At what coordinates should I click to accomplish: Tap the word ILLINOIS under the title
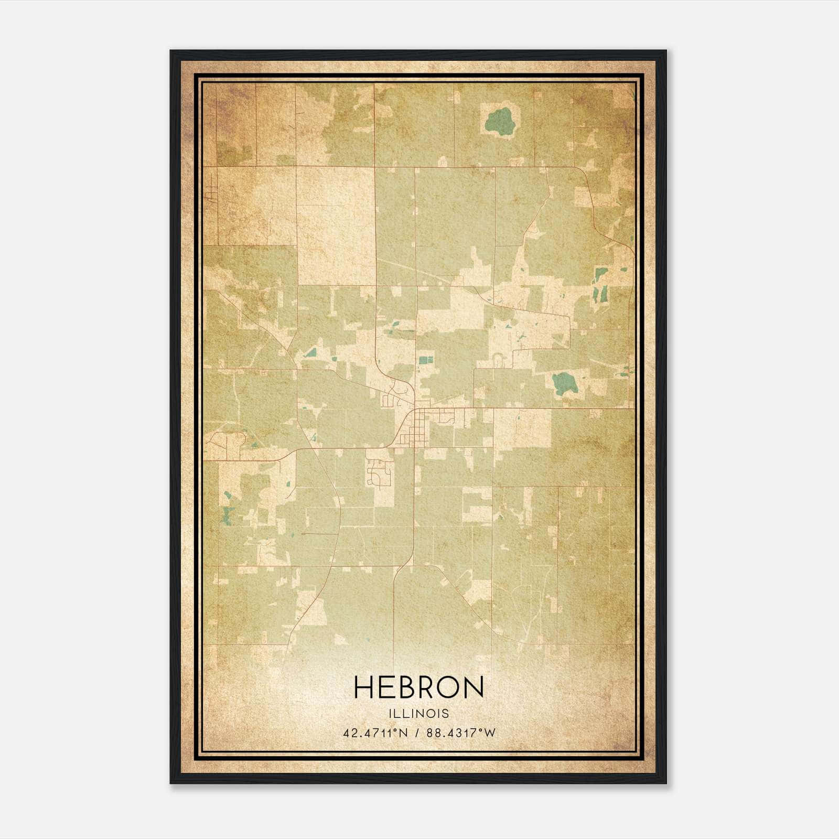[418, 714]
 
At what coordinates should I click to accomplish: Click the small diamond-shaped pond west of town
[311, 352]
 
